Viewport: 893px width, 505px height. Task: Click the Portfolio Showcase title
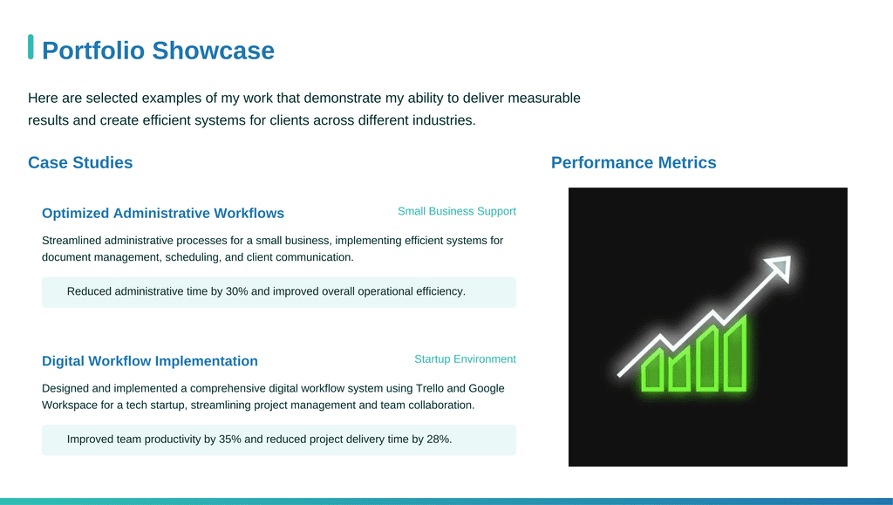(x=158, y=50)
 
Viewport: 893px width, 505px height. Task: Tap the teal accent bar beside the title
(x=31, y=47)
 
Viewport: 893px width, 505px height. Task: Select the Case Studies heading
(x=80, y=162)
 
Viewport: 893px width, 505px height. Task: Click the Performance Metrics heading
(x=633, y=162)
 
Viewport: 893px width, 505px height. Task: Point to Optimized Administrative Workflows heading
(x=163, y=213)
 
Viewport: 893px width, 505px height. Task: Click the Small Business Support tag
(x=457, y=211)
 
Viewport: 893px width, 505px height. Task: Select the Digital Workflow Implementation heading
(x=150, y=361)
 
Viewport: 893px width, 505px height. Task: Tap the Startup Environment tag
(x=466, y=359)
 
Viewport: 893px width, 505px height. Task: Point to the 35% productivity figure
(x=230, y=440)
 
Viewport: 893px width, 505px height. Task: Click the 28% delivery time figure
(x=440, y=440)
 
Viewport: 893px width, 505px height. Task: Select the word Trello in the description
(x=429, y=388)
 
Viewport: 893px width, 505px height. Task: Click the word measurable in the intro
(x=544, y=98)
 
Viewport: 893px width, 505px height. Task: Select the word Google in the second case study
(x=487, y=388)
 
